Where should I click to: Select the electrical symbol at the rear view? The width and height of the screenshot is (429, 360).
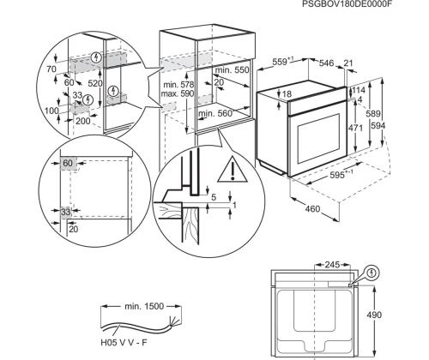(371, 273)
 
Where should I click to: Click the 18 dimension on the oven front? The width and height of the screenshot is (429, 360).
(286, 93)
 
